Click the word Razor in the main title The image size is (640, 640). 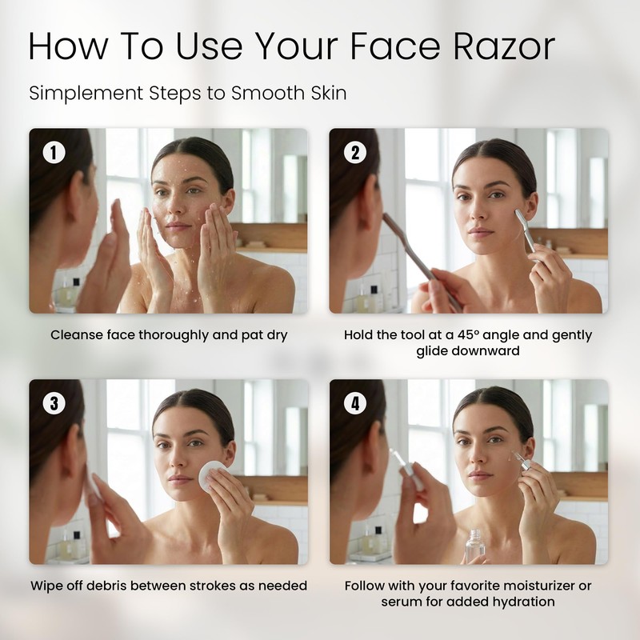click(504, 46)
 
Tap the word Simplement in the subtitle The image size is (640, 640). click(85, 94)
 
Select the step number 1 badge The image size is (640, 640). click(54, 152)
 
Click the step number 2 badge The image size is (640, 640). click(354, 152)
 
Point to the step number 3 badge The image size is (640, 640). click(54, 403)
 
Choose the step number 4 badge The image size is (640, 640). click(354, 403)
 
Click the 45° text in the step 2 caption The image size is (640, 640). click(468, 334)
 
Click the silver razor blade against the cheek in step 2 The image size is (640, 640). click(525, 231)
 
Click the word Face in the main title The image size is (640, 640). click(394, 46)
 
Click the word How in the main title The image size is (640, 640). click(68, 46)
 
